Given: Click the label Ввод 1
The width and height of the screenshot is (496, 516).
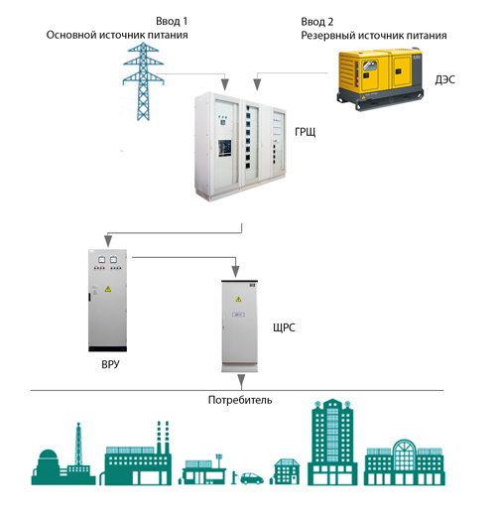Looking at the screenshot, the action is [172, 22].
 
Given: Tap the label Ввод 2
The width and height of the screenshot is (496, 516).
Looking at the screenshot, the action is [316, 22].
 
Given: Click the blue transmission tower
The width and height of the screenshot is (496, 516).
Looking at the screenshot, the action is [143, 80].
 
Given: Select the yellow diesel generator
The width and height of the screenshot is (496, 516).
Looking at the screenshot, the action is [380, 78].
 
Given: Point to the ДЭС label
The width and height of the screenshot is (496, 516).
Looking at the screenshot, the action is [444, 79].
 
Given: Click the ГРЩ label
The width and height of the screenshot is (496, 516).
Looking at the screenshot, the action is [305, 132].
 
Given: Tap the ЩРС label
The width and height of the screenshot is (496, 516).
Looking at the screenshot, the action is [284, 327].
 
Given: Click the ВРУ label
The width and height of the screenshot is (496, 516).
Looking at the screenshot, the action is [110, 364].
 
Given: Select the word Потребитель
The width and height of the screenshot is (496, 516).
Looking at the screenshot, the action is [240, 400].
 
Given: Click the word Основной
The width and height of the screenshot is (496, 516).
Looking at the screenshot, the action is [71, 35].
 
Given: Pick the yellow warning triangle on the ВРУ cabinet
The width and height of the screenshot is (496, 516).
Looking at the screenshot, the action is [107, 289].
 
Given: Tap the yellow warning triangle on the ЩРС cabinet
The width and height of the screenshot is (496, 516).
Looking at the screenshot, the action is [238, 299].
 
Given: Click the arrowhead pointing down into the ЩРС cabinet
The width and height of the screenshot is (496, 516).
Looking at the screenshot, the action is [235, 272].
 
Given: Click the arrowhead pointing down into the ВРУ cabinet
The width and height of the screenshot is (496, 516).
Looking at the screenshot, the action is [108, 240].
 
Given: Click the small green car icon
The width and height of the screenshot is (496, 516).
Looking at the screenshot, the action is [252, 478].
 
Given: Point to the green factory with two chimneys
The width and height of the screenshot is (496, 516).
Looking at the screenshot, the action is [138, 453].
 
